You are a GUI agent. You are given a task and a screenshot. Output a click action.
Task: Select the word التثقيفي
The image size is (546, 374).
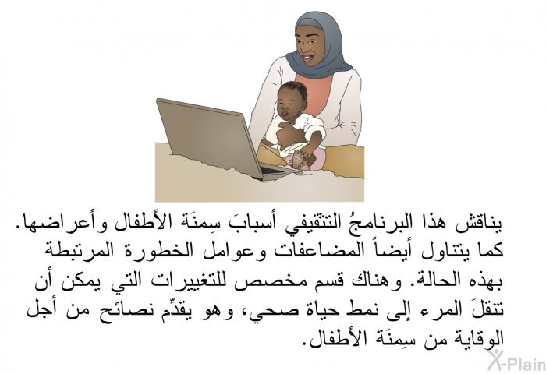[x=296, y=225]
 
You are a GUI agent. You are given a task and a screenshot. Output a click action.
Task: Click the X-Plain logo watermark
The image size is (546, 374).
[x=517, y=362]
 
